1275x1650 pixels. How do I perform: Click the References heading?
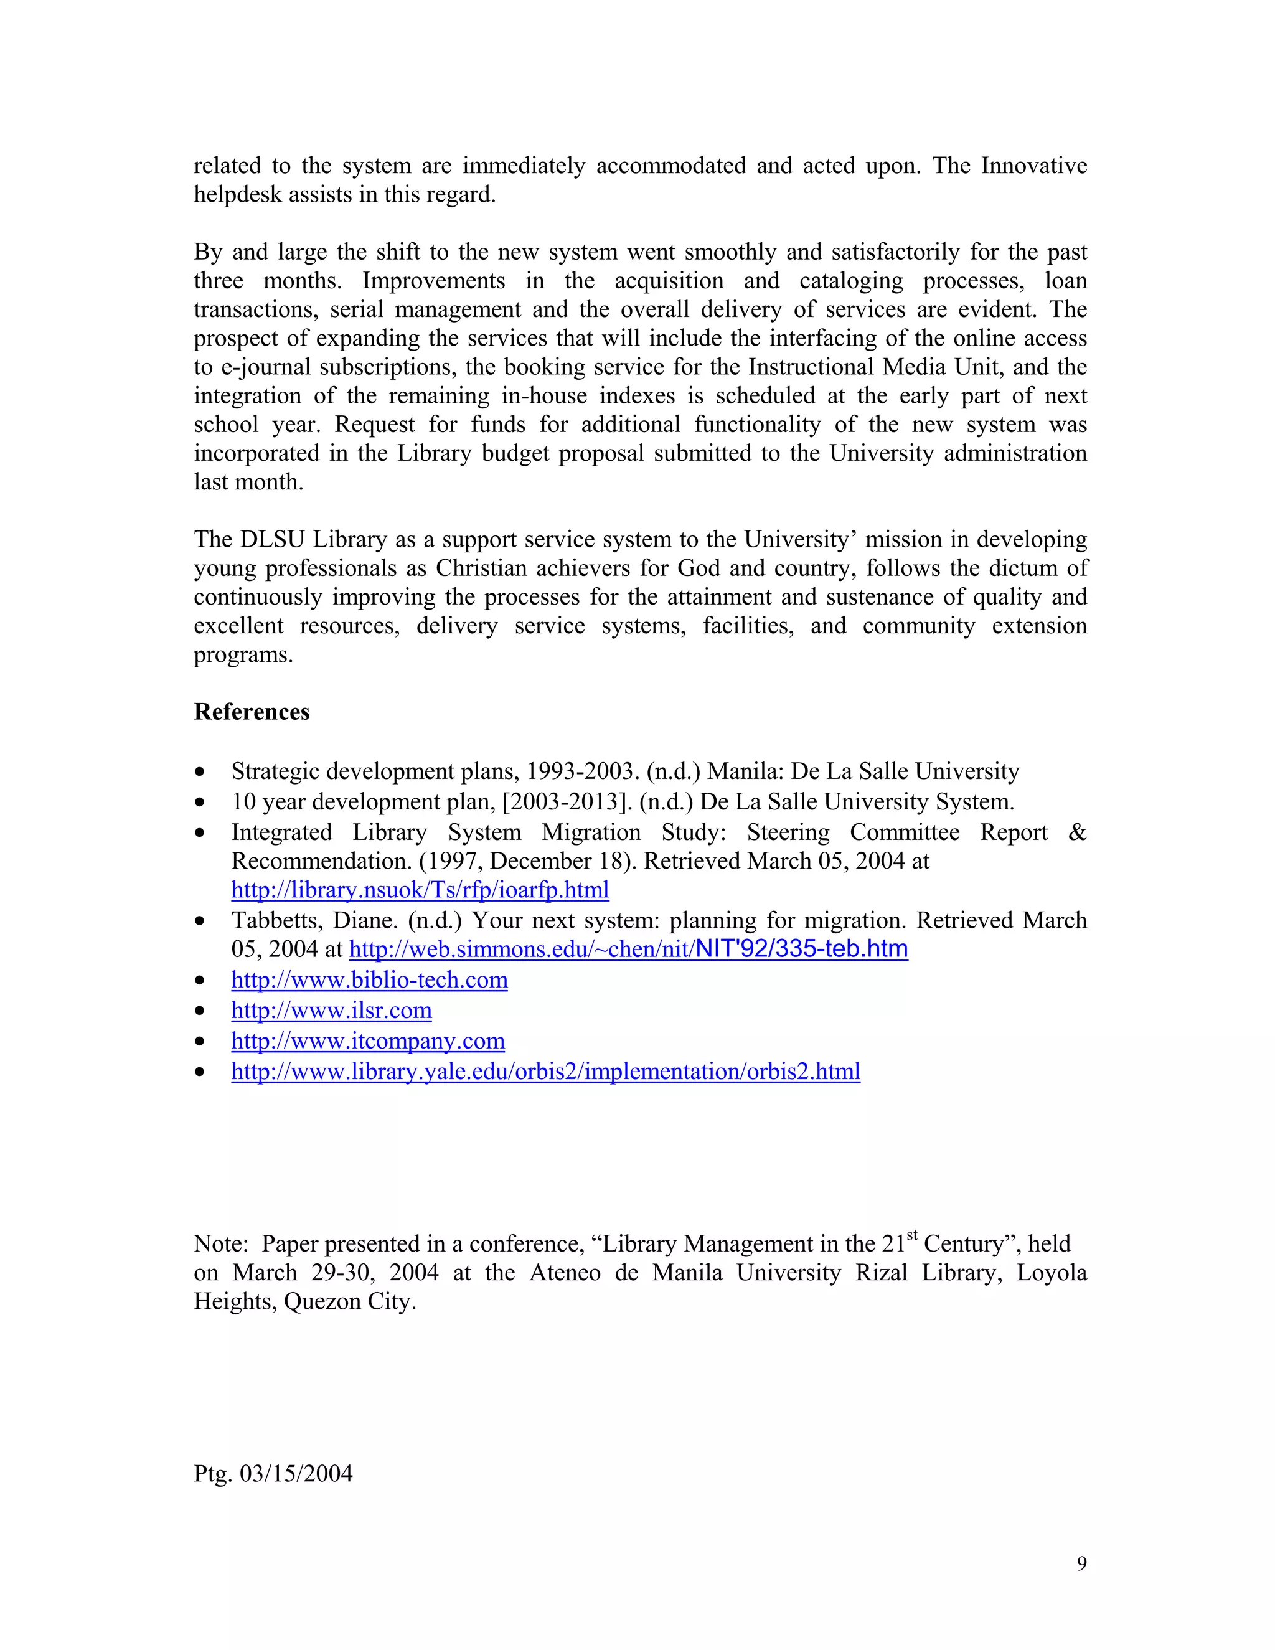pos(252,712)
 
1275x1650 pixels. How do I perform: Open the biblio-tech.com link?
pos(369,980)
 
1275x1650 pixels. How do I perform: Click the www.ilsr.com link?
pos(332,1010)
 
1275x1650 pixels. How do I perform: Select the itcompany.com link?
pos(368,1041)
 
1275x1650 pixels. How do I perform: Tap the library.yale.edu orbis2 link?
pos(545,1072)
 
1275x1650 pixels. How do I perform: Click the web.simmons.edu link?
pos(628,949)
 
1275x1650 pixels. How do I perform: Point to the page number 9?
pos(1081,1564)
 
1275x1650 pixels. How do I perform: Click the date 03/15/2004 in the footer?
pos(295,1474)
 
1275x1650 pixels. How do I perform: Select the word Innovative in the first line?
pos(1033,166)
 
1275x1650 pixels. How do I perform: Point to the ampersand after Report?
pos(1077,832)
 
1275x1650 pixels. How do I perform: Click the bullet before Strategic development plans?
pos(199,772)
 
